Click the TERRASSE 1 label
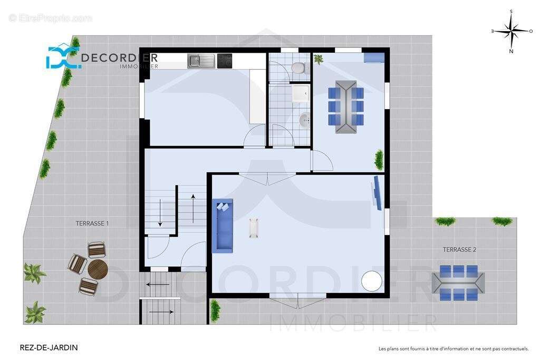(92, 223)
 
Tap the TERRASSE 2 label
(459, 249)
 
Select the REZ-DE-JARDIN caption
(49, 347)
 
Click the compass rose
(512, 31)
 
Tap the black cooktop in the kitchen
(225, 61)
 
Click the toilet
(298, 67)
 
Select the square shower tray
(301, 94)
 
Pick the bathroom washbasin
(304, 121)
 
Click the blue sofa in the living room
(223, 226)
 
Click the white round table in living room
(372, 281)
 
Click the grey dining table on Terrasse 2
(458, 283)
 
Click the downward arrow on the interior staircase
(160, 213)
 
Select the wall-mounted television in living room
(378, 193)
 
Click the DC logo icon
(62, 57)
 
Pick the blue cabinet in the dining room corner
(374, 58)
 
